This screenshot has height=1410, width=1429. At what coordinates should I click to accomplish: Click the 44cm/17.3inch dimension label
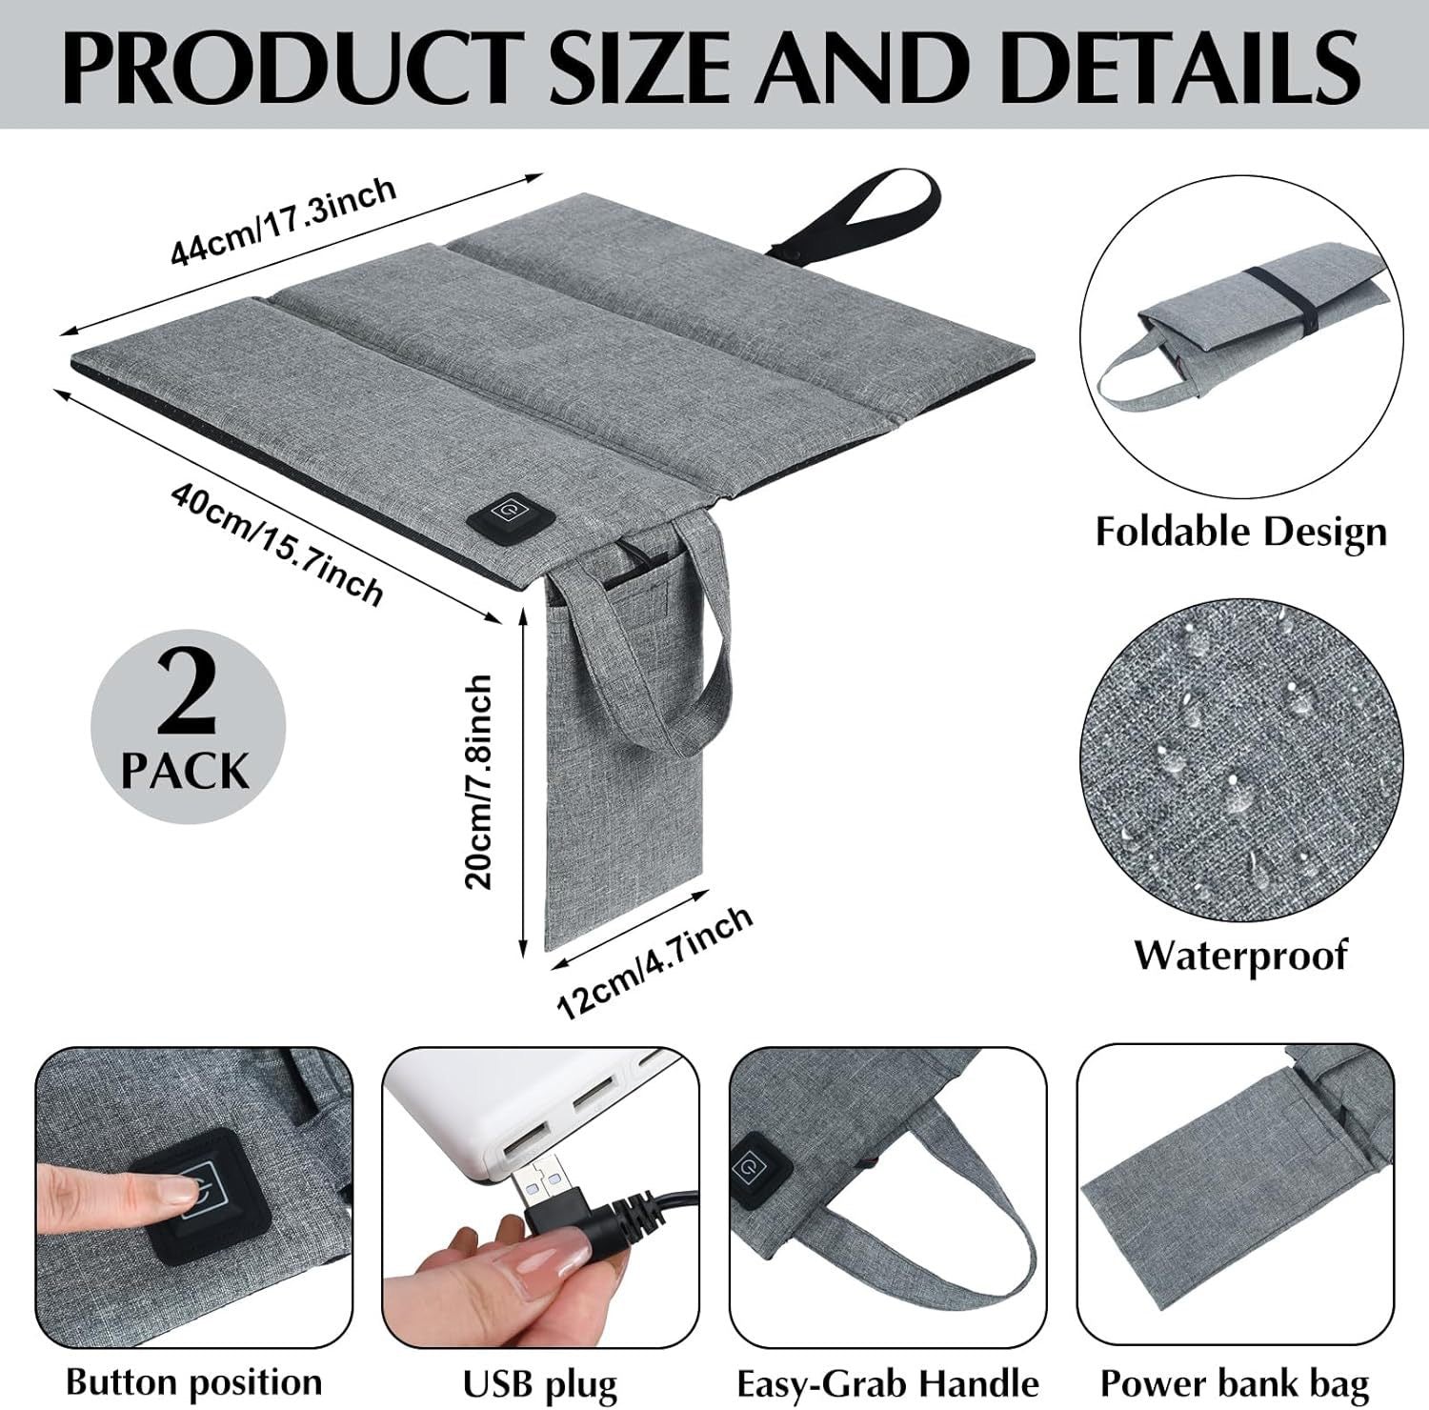point(283,221)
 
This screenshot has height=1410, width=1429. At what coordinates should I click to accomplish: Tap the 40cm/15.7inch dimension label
point(277,543)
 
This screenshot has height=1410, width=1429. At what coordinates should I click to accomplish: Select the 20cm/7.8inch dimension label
point(479,781)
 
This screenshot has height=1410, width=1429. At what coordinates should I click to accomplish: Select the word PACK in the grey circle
point(186,770)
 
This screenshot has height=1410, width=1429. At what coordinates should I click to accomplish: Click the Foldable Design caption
point(1240,531)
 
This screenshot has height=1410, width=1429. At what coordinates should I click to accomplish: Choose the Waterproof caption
point(1240,954)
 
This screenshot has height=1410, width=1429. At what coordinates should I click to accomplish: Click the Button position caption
point(194,1380)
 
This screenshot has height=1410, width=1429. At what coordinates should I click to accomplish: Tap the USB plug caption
point(540,1382)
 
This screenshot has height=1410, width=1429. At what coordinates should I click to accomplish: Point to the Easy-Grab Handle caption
point(888,1382)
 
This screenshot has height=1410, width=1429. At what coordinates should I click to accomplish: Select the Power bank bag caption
point(1234,1382)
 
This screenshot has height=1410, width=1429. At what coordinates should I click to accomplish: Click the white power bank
point(476,1096)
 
